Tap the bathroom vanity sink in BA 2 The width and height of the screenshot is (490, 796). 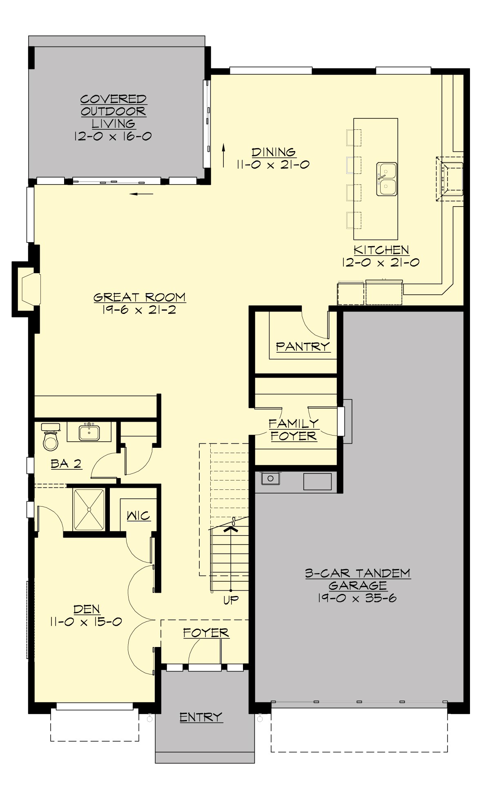tap(89, 432)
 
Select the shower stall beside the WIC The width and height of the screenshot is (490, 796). tap(89, 509)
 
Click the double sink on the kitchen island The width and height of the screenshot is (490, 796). tap(386, 179)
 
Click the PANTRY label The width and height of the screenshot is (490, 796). tap(303, 347)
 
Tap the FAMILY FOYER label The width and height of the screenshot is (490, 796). tap(294, 429)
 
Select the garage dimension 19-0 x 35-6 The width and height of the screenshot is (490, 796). tap(357, 598)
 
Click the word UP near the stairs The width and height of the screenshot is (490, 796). tap(231, 600)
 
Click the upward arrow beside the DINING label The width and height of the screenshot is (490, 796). tap(224, 155)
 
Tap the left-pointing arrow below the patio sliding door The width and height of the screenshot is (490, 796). tap(141, 194)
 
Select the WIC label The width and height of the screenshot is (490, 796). tap(138, 516)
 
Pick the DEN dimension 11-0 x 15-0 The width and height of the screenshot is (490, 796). tap(86, 622)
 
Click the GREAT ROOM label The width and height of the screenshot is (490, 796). tap(140, 297)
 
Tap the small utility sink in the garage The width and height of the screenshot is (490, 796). tap(270, 478)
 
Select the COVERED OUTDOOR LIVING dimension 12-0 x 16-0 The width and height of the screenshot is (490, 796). tap(113, 136)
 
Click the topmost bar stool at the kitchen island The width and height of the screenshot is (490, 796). tap(354, 138)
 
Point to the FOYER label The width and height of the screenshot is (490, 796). tap(206, 633)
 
